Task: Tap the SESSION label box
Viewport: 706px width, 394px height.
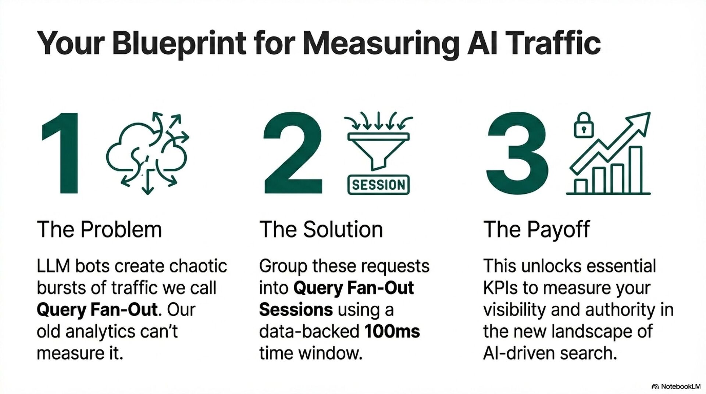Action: point(378,185)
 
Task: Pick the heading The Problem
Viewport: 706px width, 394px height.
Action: point(99,230)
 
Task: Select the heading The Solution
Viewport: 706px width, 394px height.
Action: point(321,230)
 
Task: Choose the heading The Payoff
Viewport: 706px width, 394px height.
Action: point(536,230)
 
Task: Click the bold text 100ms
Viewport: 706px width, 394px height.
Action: point(392,332)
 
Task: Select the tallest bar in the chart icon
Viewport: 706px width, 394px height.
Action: point(636,170)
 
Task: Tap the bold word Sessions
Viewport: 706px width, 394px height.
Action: point(296,310)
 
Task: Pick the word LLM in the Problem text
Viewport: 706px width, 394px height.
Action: point(53,266)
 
